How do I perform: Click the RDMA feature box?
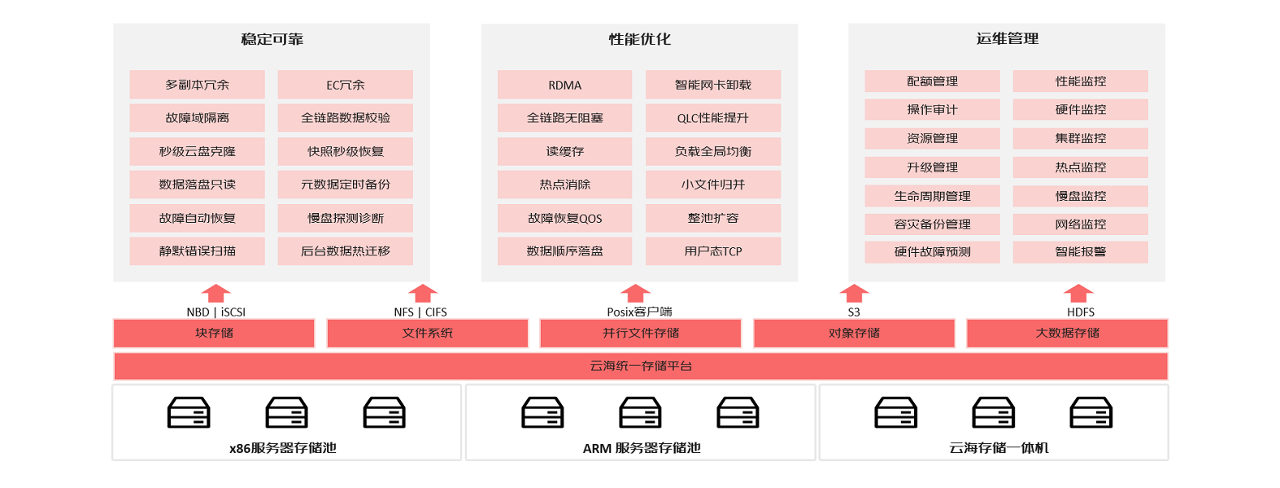pos(564,85)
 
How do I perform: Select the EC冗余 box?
pos(345,85)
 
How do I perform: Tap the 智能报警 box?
pos(1080,252)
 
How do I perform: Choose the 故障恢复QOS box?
pos(564,218)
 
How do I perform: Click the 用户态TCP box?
pos(712,251)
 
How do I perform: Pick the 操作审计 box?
pos(932,110)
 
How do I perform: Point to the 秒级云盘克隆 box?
pos(197,151)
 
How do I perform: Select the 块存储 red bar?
pos(214,333)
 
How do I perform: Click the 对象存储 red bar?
pos(854,333)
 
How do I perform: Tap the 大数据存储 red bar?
pos(1067,333)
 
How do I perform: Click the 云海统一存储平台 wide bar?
pos(641,366)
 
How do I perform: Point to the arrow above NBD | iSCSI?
pos(216,293)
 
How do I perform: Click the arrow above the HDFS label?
pos(1078,293)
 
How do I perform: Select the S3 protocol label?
pos(854,312)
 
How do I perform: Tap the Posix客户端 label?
pos(639,312)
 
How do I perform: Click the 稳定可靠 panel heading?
pos(272,39)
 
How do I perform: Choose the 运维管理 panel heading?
pos(1007,39)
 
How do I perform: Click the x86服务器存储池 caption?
pos(282,448)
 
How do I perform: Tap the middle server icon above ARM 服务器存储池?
pos(640,412)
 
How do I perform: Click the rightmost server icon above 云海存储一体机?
pos(1091,412)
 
